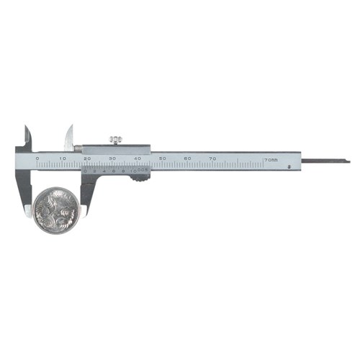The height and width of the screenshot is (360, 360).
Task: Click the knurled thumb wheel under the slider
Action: pyautogui.click(x=140, y=176)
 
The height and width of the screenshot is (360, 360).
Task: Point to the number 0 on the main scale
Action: pyautogui.click(x=37, y=158)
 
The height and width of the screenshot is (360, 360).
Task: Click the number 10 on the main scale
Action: pyautogui.click(x=63, y=158)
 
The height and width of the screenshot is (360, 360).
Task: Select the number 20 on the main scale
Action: pyautogui.click(x=87, y=158)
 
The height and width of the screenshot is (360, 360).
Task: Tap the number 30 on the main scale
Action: pyautogui.click(x=112, y=158)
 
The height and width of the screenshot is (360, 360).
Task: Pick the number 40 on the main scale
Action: pyautogui.click(x=138, y=158)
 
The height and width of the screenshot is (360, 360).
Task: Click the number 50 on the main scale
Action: pyautogui.click(x=163, y=158)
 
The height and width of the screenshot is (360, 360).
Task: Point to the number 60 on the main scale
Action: pyautogui.click(x=187, y=158)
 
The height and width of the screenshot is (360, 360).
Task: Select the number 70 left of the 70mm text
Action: pyautogui.click(x=212, y=158)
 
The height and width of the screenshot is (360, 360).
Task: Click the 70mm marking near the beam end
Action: pyautogui.click(x=271, y=159)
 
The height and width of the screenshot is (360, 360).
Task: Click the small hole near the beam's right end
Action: pyautogui.click(x=289, y=167)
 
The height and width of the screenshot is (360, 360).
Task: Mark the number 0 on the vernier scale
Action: pyautogui.click(x=86, y=171)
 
